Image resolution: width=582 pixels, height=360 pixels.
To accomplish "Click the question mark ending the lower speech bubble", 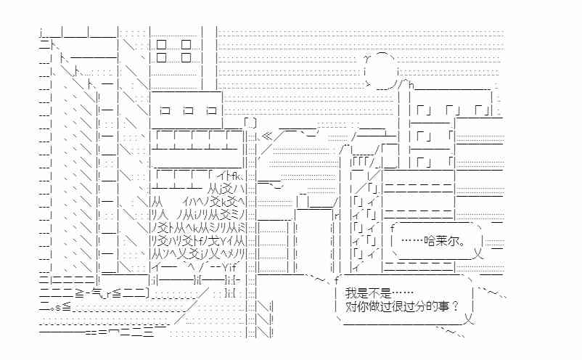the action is pyautogui.click(x=456, y=306).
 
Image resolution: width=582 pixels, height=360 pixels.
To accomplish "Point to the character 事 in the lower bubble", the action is pyautogui.click(x=444, y=306).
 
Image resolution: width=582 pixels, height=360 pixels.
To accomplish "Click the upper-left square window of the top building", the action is pyautogui.click(x=161, y=44).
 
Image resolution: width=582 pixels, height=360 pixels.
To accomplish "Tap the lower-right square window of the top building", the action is pyautogui.click(x=186, y=57).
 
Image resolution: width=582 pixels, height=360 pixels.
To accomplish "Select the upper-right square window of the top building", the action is pyautogui.click(x=186, y=44).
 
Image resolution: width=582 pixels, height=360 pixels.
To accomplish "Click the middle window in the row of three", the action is pyautogui.click(x=189, y=110).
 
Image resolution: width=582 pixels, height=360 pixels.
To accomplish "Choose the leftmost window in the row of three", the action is pyautogui.click(x=165, y=110).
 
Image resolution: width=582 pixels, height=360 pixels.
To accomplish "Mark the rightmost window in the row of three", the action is pyautogui.click(x=212, y=110).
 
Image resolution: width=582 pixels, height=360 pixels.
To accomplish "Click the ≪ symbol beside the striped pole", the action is pyautogui.click(x=267, y=136).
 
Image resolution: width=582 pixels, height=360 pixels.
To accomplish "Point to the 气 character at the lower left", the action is pyautogui.click(x=96, y=294).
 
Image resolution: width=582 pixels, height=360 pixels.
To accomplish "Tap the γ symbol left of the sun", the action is pyautogui.click(x=367, y=58).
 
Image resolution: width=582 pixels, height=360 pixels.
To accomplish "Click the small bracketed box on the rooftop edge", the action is pyautogui.click(x=250, y=123).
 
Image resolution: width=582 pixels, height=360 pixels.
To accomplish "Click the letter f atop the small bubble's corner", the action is pyautogui.click(x=393, y=229).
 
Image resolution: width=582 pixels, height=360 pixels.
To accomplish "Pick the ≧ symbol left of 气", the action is pyautogui.click(x=80, y=294).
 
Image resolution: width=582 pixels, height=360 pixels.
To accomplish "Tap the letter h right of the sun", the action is pyautogui.click(x=411, y=86).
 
